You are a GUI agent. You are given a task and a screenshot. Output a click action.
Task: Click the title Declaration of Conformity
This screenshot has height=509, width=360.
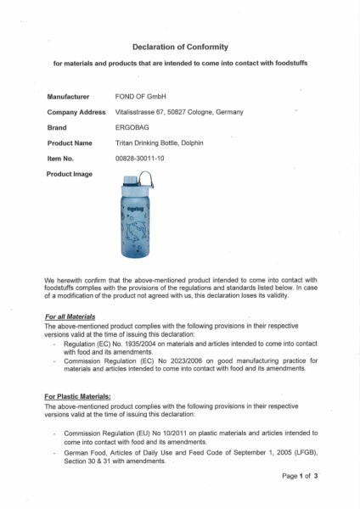pyautogui.click(x=180, y=48)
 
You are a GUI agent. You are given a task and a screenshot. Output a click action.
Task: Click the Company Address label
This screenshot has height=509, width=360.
pyautogui.click(x=76, y=112)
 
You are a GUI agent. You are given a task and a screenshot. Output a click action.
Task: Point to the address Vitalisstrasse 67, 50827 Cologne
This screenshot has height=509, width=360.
pyautogui.click(x=178, y=112)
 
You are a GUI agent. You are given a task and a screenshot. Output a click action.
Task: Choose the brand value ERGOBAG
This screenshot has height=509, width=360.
pyautogui.click(x=134, y=127)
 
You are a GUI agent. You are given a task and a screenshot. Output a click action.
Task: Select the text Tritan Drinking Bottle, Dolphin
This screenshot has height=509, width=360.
pyautogui.click(x=166, y=143)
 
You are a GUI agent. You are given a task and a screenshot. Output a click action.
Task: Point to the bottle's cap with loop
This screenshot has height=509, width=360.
pyautogui.click(x=138, y=181)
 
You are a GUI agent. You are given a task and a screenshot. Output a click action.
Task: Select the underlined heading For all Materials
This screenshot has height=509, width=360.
pyautogui.click(x=70, y=316)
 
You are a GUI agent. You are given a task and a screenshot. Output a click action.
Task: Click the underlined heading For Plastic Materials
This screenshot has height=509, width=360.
pyautogui.click(x=77, y=395)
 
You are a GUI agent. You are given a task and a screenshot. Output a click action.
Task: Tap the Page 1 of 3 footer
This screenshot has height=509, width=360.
pyautogui.click(x=300, y=477)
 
